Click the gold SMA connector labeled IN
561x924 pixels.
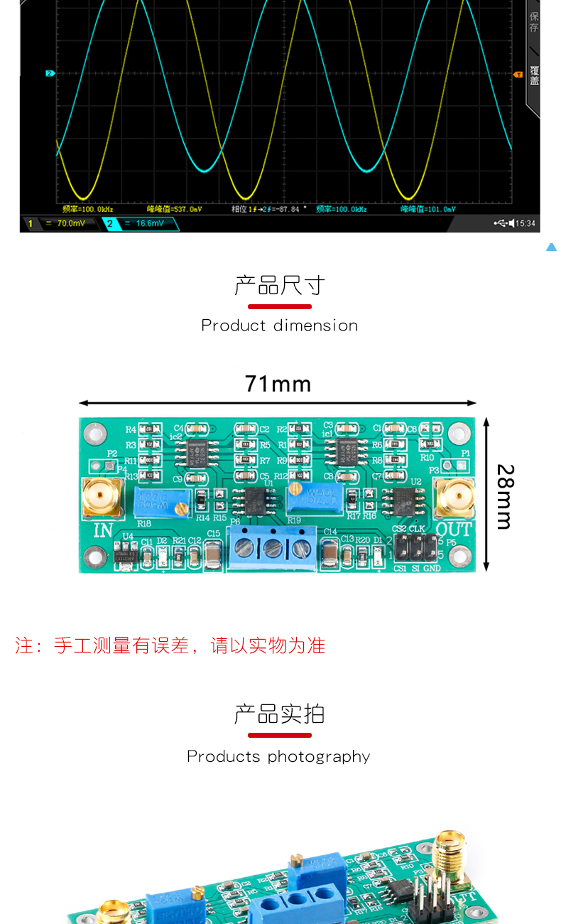coord(102,497)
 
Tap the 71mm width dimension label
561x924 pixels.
coord(278,384)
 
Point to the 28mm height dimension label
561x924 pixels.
coord(504,496)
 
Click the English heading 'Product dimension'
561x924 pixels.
coord(279,326)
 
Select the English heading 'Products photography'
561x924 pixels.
coord(278,756)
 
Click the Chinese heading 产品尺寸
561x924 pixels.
coord(279,286)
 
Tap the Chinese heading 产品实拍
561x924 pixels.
coord(279,714)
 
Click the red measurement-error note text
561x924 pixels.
coord(170,645)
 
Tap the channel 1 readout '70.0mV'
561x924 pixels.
coord(70,223)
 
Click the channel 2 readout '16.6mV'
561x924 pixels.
coord(148,223)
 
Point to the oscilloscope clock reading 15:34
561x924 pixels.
coord(525,223)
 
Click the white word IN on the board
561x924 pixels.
coord(103,530)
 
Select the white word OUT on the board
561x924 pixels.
coord(453,530)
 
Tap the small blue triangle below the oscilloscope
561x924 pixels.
coord(551,247)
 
